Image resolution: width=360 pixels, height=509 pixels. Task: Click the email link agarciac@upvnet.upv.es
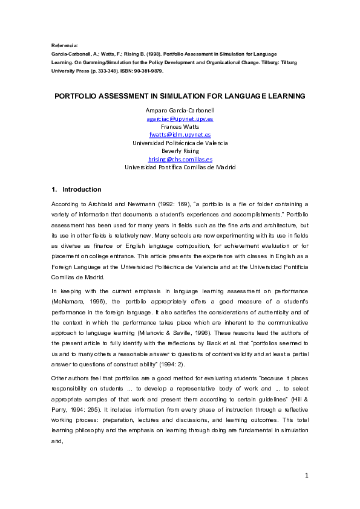point(180,119)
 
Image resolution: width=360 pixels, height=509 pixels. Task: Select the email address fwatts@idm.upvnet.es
point(180,135)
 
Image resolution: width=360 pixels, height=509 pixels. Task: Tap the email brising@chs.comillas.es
point(180,159)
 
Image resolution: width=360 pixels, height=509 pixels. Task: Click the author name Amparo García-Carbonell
point(180,111)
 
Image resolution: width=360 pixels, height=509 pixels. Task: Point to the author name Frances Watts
point(180,127)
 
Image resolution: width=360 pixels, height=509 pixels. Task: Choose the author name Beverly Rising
point(180,151)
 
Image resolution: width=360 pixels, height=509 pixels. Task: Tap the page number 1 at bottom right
point(307,476)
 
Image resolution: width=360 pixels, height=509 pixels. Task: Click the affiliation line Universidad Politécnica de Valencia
point(180,143)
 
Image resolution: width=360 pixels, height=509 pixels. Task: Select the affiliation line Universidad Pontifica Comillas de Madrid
point(180,167)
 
